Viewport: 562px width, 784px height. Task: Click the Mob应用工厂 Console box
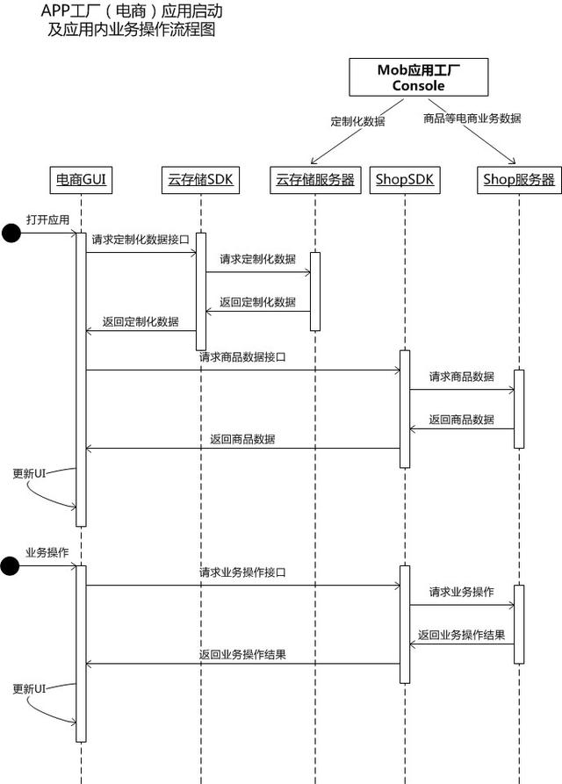point(418,78)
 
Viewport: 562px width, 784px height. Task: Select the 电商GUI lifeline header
point(82,180)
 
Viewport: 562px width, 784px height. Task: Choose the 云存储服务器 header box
point(314,180)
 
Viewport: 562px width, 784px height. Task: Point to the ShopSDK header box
point(405,180)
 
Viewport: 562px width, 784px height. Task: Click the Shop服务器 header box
point(519,180)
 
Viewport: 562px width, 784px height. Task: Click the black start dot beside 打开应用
point(11,233)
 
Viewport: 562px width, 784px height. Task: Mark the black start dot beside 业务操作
point(11,566)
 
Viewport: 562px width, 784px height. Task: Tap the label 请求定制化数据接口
point(140,239)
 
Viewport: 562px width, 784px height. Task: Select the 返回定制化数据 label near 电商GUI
point(140,321)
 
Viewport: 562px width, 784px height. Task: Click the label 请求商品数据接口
point(242,357)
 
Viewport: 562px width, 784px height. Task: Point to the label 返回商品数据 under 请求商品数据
point(461,420)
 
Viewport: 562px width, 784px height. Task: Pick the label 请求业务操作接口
point(242,572)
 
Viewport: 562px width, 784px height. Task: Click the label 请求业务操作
point(461,592)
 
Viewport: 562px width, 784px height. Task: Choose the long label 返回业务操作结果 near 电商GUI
point(242,654)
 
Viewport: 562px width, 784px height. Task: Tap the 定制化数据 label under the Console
point(357,122)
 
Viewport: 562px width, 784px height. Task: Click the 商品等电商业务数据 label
point(472,118)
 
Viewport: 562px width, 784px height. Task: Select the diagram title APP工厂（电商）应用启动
point(132,12)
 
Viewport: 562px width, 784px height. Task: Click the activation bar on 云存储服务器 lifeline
point(315,291)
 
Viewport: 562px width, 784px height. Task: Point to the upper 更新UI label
point(29,473)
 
